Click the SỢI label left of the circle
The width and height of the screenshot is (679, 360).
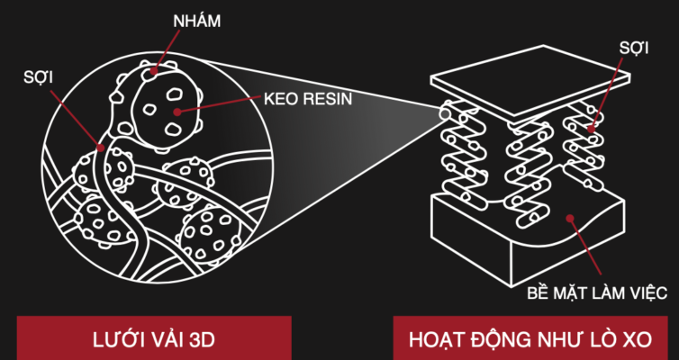pyautogui.click(x=38, y=78)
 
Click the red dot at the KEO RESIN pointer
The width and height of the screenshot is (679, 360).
pyautogui.click(x=177, y=112)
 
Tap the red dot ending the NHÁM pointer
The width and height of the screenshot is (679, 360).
pyautogui.click(x=154, y=69)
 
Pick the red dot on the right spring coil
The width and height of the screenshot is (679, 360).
pyautogui.click(x=590, y=129)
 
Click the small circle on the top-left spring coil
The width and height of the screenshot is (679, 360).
pyautogui.click(x=446, y=112)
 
